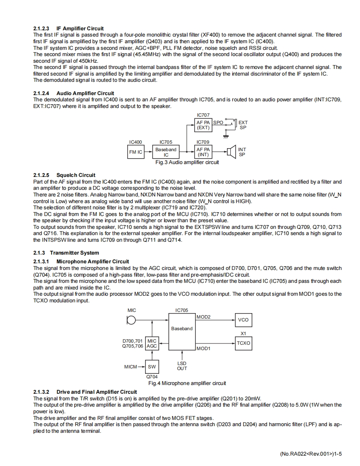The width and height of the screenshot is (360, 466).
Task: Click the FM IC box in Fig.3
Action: coord(136,152)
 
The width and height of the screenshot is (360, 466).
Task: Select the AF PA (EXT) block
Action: coord(203,125)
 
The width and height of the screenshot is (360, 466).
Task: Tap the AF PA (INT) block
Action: coord(203,152)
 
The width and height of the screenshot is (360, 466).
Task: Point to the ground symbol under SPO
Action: coord(226,136)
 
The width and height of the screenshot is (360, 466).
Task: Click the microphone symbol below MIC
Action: coord(131,320)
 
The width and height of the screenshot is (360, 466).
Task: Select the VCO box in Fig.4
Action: coord(243,320)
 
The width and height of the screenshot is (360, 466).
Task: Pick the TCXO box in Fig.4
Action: coord(243,343)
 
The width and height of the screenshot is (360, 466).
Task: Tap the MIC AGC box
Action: coord(152,343)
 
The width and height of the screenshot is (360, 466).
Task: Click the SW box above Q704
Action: coord(152,367)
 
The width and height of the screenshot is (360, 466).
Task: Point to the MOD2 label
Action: coord(203,317)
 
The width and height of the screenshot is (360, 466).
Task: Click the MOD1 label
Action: coord(203,348)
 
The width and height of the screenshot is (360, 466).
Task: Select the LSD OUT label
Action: coord(182,366)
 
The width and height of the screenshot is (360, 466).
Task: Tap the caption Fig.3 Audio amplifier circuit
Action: coord(187,162)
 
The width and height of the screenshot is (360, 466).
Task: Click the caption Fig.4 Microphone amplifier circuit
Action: coord(187,383)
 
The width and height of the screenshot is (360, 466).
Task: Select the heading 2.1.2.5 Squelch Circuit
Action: coord(64,175)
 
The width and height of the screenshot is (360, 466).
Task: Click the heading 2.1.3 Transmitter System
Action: coord(66,253)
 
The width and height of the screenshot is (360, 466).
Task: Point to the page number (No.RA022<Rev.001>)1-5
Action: coord(311,454)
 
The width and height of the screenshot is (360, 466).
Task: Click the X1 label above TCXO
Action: coord(243,334)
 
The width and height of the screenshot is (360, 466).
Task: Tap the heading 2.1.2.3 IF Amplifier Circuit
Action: coord(69,29)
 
